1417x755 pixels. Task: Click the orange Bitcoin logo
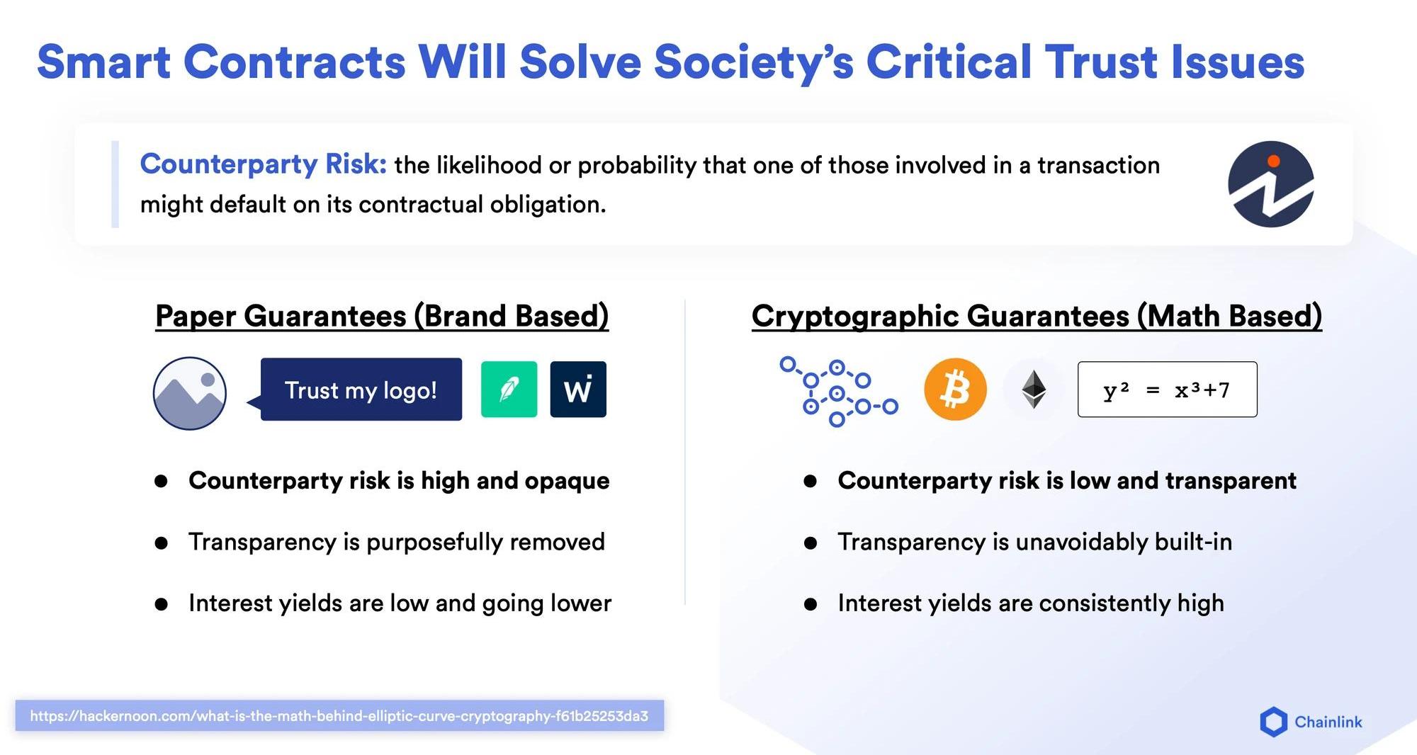tap(955, 390)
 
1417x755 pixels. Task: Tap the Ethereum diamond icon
tap(1034, 390)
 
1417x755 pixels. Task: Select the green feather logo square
tap(509, 390)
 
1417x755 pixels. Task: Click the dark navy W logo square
tap(578, 390)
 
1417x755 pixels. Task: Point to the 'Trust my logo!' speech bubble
tap(361, 390)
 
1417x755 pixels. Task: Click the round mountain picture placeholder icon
tap(190, 393)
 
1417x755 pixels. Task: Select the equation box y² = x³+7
tap(1167, 390)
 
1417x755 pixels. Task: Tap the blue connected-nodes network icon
tap(839, 392)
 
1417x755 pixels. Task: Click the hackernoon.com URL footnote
tap(339, 716)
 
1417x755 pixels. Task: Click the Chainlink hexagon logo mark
tap(1273, 722)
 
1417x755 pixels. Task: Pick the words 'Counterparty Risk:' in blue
tap(264, 164)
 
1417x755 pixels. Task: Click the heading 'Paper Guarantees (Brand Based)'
tap(382, 316)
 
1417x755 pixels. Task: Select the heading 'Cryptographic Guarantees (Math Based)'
tap(1037, 316)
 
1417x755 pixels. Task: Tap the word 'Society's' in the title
tap(753, 62)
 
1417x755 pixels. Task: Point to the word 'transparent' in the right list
tap(1231, 481)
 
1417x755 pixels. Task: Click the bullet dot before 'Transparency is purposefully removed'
tap(162, 543)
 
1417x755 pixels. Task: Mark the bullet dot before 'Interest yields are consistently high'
tap(811, 604)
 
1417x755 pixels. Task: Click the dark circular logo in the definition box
tap(1271, 184)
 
